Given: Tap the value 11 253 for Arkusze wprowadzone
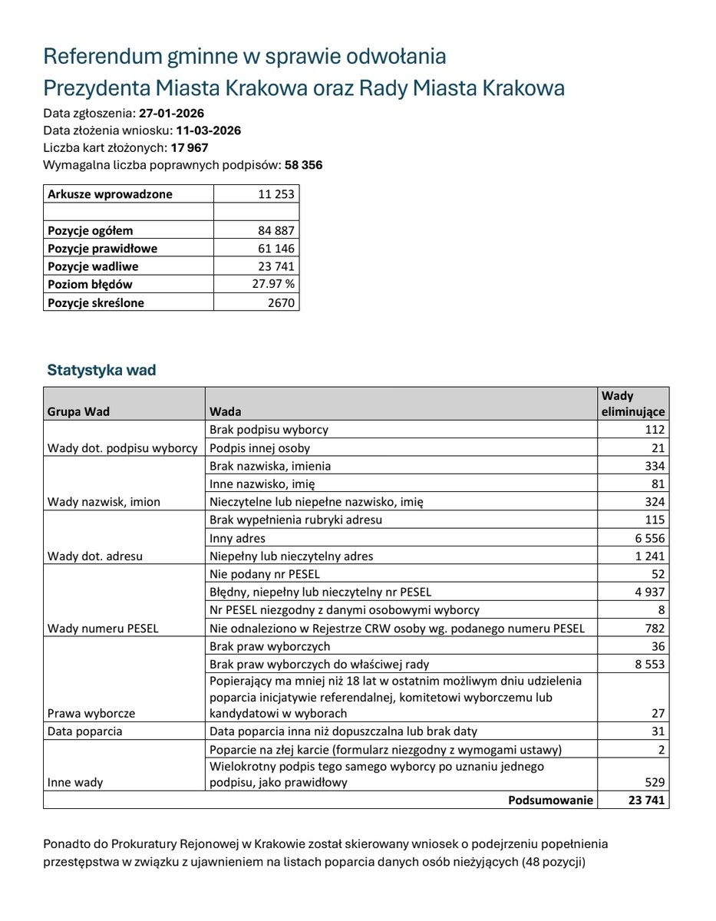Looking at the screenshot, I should point(276,194).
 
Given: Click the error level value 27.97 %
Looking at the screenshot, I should point(273,285).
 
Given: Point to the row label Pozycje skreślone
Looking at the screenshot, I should point(95,302).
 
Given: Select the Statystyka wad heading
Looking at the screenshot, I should point(101,371).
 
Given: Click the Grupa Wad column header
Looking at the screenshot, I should point(78,411).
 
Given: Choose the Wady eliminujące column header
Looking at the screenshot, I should point(632,404).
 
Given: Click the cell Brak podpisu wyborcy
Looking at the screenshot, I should point(269,430).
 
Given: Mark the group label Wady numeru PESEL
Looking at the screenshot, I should point(103,629).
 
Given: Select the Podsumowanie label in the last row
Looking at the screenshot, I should point(550,801).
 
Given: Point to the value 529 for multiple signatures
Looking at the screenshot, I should point(654,783).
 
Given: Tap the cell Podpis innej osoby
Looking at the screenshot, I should point(259,448).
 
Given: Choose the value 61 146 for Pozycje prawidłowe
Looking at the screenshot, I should point(276,249).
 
